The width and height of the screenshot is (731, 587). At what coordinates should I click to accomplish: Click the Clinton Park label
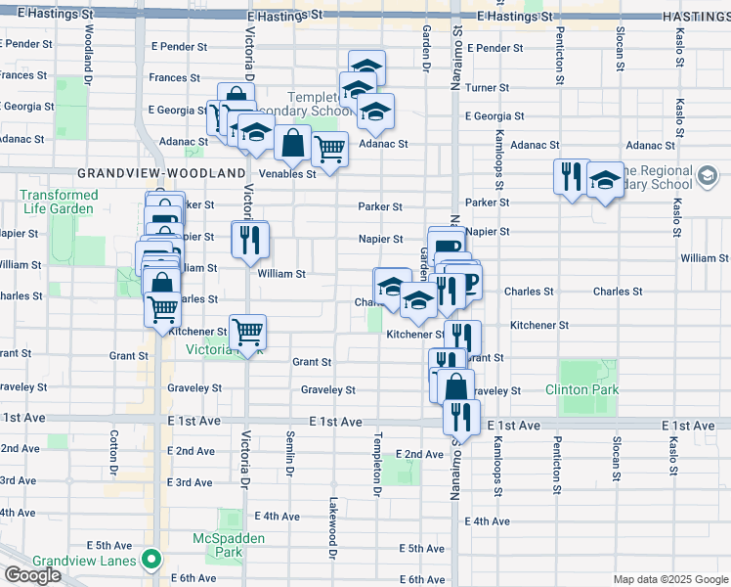pos(582,389)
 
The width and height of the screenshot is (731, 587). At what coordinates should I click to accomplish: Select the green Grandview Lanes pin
pos(150,560)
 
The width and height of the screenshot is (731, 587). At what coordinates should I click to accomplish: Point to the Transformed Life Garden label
pos(60,202)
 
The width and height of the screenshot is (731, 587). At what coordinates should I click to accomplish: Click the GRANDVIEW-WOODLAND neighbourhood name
pos(161,173)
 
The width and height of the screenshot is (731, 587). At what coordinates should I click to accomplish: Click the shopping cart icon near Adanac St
pos(329,150)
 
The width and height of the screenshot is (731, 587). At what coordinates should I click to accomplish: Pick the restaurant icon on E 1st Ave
pos(458,416)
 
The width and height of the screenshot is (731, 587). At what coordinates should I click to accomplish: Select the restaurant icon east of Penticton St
pos(572,177)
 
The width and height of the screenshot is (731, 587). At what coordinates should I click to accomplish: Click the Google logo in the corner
pos(33,575)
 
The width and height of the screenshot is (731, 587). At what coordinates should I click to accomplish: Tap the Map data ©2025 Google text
pos(669,580)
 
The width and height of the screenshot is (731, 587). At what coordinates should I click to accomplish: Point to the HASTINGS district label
pos(696,18)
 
